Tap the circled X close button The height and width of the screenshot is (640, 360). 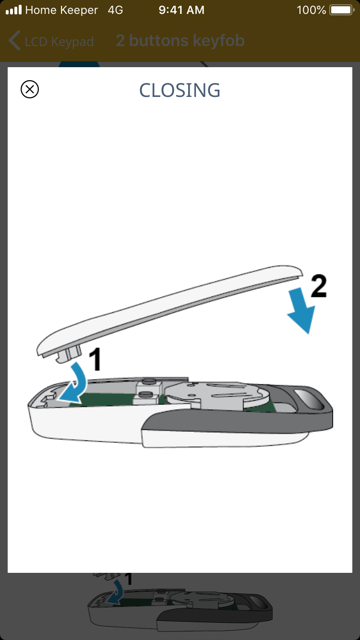[x=30, y=89]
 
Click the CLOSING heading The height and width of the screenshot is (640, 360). [x=180, y=90]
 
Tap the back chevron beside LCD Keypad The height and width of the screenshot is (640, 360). [x=14, y=40]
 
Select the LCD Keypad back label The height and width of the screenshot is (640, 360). [x=59, y=42]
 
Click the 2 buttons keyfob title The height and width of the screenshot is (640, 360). [x=180, y=40]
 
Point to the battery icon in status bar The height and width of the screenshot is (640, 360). [x=342, y=10]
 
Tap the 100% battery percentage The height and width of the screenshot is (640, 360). [x=311, y=10]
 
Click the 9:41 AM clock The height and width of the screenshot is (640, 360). [x=181, y=10]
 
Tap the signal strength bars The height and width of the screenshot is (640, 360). [x=14, y=10]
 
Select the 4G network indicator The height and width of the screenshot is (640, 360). [x=115, y=10]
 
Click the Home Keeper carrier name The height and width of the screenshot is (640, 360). [x=61, y=10]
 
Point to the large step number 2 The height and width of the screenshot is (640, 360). [x=319, y=286]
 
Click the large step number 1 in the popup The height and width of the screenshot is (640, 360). [x=95, y=359]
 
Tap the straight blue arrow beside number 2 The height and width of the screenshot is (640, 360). [x=301, y=310]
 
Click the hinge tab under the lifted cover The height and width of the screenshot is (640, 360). [x=69, y=354]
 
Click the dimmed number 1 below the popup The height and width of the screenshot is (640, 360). [x=129, y=580]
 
